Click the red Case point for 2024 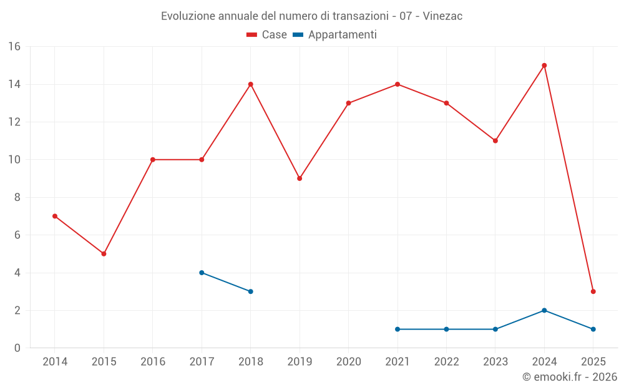tap(544, 66)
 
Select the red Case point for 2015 tap(104, 253)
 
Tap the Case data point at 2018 tap(250, 84)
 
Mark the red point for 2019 tap(300, 178)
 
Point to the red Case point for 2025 tap(593, 291)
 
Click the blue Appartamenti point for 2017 tap(202, 273)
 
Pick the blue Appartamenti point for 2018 tap(250, 291)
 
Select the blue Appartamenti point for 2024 tap(544, 310)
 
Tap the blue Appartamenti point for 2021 tap(397, 329)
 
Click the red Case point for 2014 tap(55, 216)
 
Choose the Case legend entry tap(267, 35)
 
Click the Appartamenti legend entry tap(335, 35)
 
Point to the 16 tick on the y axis tap(14, 47)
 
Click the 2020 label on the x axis tap(348, 362)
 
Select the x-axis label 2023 tap(495, 362)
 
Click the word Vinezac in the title tap(442, 16)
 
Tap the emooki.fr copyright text tap(569, 377)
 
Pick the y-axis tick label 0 tap(17, 348)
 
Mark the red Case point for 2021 tap(397, 84)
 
